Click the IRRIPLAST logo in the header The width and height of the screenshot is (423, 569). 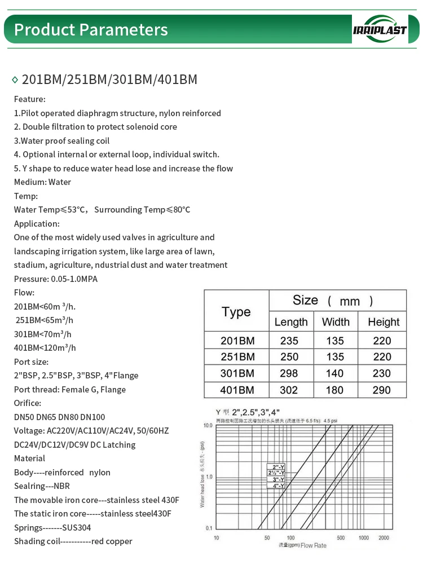click(380, 29)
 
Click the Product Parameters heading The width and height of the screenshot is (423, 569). click(91, 29)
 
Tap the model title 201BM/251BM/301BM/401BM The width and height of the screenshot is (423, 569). click(109, 80)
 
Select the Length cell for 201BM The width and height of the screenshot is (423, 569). click(290, 341)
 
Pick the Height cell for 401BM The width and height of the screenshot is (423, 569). click(383, 390)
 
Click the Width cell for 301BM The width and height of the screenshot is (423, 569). click(335, 373)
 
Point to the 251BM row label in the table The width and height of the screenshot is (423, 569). click(237, 357)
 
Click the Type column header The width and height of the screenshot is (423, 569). click(236, 312)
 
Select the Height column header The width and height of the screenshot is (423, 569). click(384, 322)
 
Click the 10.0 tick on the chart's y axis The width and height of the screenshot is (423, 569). click(208, 425)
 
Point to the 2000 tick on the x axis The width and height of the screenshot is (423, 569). click(384, 538)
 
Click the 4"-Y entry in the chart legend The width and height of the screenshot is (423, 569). click(278, 486)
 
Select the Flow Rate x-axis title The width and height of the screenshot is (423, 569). click(314, 546)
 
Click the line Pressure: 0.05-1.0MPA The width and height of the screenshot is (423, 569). click(55, 279)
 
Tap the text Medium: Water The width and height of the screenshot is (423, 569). click(42, 182)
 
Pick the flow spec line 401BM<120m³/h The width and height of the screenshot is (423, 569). click(45, 348)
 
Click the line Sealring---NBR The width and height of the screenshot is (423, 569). click(42, 486)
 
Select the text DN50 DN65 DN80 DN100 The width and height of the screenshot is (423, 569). click(59, 417)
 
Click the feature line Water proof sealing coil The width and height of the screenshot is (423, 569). click(61, 141)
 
